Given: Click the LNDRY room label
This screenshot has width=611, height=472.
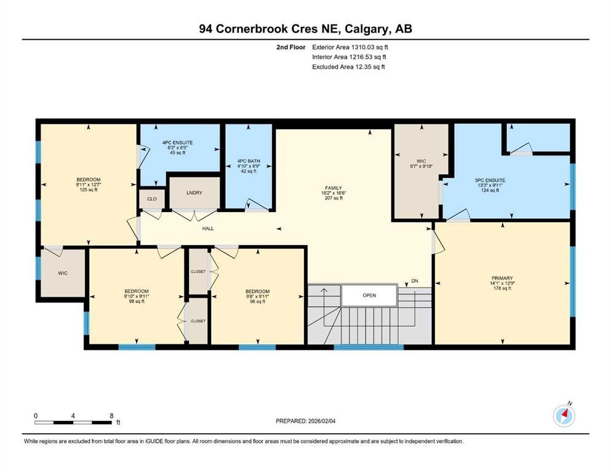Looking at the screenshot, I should pyautogui.click(x=194, y=193).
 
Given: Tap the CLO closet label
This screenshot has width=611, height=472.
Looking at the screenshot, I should pyautogui.click(x=151, y=199).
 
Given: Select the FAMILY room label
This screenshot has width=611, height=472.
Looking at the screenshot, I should pyautogui.click(x=333, y=188).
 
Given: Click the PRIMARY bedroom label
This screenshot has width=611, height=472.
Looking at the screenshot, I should pyautogui.click(x=502, y=278).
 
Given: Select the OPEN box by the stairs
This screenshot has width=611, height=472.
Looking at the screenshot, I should pyautogui.click(x=369, y=295).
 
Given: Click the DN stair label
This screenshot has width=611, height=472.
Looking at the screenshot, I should pyautogui.click(x=415, y=281).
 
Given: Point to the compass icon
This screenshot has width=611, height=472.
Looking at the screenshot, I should pyautogui.click(x=564, y=416).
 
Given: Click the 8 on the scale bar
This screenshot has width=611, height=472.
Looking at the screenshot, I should pyautogui.click(x=111, y=416).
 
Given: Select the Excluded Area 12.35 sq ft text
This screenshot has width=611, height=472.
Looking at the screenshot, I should pyautogui.click(x=349, y=66).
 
